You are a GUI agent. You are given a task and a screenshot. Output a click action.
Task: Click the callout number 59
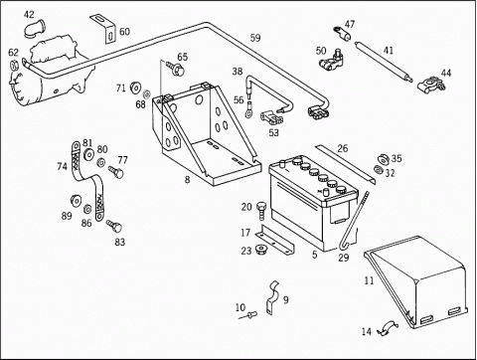[x=255, y=38]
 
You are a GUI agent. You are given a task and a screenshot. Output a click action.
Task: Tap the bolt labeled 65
[x=176, y=68]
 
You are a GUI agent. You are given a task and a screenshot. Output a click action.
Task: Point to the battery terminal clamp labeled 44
[x=431, y=85]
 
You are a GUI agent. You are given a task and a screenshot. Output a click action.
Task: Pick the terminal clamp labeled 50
[x=331, y=61]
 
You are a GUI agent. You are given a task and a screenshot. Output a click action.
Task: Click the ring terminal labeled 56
[x=248, y=109]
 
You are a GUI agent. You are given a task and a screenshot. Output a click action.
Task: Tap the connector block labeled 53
[x=270, y=118]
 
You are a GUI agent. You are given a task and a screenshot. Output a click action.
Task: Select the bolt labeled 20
[x=261, y=211]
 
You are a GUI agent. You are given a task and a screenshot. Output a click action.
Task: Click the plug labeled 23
[x=262, y=250]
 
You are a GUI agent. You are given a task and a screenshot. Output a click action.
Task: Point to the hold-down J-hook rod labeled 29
[x=353, y=222]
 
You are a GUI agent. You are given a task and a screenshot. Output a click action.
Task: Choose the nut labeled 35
[x=384, y=159]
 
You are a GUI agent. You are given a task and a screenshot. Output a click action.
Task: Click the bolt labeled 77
[x=116, y=172]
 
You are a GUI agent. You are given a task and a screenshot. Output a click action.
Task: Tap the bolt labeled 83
[x=114, y=226]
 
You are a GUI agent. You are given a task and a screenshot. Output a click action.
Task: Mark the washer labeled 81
[x=88, y=154]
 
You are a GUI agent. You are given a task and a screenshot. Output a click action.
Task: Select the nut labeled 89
[x=76, y=201]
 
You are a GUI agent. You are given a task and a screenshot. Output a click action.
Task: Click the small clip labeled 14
[x=387, y=328]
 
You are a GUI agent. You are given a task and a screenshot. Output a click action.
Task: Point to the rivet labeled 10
[x=248, y=315]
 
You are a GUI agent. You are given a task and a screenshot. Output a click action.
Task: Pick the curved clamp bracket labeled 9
[x=272, y=297]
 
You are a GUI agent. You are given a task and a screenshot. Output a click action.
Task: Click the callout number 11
[x=369, y=280]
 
